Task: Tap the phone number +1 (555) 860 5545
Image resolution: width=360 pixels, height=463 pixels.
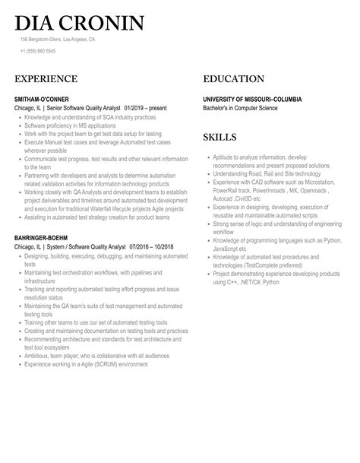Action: (x=38, y=51)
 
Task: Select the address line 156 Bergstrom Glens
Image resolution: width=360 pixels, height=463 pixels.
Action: (x=58, y=39)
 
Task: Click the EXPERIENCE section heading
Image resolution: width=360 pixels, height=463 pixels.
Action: (x=46, y=79)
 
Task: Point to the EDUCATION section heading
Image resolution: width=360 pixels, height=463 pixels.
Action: (x=233, y=79)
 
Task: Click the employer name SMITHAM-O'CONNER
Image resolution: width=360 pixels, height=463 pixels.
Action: (x=43, y=99)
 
